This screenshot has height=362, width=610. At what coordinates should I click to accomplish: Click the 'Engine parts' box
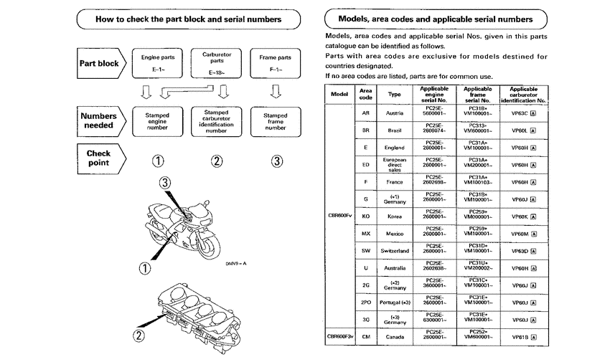[159, 62]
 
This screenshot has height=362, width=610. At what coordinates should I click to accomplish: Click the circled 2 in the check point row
[217, 161]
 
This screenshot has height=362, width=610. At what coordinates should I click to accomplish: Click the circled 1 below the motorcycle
[145, 269]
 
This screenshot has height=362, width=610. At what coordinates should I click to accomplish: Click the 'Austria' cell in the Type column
[395, 113]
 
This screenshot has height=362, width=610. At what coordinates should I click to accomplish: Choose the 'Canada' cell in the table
[395, 335]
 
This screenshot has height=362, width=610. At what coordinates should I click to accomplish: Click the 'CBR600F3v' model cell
[340, 335]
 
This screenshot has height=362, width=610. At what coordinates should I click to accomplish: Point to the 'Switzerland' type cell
[395, 251]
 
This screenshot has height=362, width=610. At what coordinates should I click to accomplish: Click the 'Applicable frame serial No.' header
[477, 94]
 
